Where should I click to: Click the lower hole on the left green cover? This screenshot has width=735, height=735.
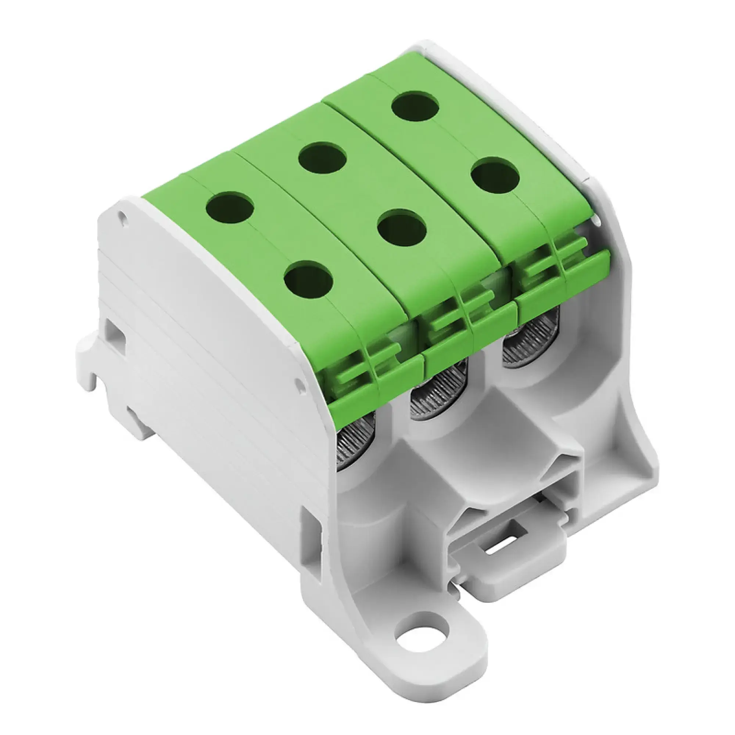(309, 279)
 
